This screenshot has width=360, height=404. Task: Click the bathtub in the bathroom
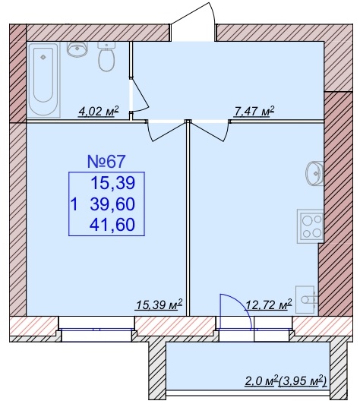tap(43, 80)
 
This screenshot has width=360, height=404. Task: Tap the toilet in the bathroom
tap(106, 57)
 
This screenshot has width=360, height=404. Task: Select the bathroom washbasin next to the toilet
tap(77, 49)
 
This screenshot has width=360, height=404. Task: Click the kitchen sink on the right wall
tap(314, 173)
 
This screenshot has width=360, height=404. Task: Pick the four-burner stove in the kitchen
tap(311, 226)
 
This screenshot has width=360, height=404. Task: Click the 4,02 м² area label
tap(99, 112)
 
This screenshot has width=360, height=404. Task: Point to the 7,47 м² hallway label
tap(254, 112)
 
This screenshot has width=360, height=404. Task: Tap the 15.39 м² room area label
tap(159, 305)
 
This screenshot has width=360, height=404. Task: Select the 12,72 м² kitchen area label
tap(269, 305)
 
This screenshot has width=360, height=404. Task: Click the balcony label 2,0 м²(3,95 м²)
tap(286, 380)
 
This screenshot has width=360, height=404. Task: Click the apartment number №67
tap(106, 162)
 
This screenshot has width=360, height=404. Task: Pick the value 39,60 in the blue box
tap(112, 204)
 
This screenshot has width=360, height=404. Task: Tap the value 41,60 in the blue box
tap(112, 224)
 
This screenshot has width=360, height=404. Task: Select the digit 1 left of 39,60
tap(74, 204)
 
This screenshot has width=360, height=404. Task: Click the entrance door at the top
tap(192, 21)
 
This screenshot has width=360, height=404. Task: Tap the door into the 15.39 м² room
tap(166, 131)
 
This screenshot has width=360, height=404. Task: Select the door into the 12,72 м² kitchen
tap(210, 131)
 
